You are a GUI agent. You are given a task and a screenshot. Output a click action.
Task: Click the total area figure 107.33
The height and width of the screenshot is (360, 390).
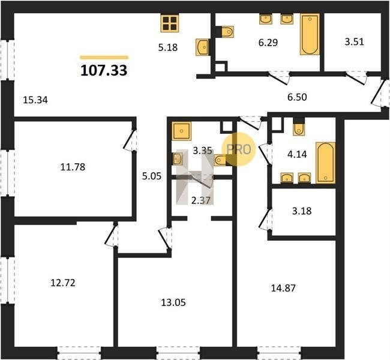(x=104, y=70)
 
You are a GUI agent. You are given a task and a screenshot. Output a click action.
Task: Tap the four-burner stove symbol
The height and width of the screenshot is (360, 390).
(x=170, y=23)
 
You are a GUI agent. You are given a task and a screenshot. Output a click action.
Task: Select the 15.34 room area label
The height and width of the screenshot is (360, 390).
(x=35, y=100)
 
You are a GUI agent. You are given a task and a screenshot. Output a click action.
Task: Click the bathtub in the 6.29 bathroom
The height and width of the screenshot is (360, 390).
(x=310, y=34)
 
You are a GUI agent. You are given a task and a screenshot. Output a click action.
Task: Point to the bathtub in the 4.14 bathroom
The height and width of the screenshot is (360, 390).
(x=326, y=163)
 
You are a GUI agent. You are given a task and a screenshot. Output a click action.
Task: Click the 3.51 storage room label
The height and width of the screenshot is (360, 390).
(x=354, y=41)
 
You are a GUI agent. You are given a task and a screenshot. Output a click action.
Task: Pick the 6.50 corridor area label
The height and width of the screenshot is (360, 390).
(x=297, y=97)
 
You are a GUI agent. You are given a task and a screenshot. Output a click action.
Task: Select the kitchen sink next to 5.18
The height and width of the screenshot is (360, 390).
(x=202, y=47)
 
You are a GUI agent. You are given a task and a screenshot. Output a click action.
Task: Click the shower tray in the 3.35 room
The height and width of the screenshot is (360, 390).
(x=182, y=131)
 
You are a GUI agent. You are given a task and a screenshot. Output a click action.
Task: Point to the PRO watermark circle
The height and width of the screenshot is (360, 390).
(x=239, y=149)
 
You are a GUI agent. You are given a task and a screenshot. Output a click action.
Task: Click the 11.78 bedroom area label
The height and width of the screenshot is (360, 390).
(x=73, y=167)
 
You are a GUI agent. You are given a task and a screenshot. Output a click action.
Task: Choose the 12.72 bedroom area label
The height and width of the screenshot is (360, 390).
(x=62, y=283)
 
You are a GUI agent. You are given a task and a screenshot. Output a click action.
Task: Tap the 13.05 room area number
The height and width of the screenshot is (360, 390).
(x=173, y=303)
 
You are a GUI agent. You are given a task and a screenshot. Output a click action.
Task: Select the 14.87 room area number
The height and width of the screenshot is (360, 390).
(x=283, y=288)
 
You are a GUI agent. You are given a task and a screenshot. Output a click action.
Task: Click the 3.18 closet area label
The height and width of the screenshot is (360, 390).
(x=302, y=211)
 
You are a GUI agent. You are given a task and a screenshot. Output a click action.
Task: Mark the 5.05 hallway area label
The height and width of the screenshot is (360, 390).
(x=152, y=176)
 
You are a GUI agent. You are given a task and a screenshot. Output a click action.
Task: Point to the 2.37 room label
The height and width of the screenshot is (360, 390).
(x=201, y=200)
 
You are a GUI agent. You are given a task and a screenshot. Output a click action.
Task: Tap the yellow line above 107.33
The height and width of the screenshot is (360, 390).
(x=104, y=58)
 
